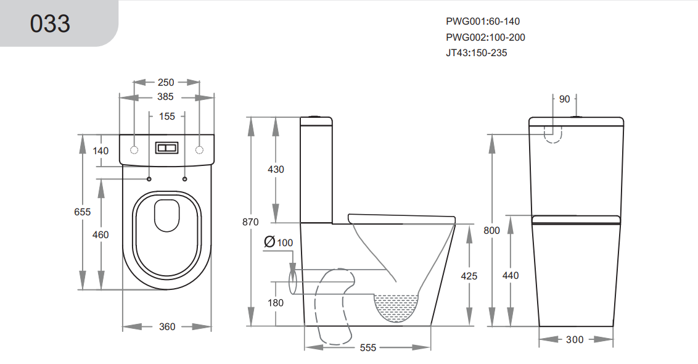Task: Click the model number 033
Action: (x=51, y=23)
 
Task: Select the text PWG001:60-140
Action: (x=482, y=21)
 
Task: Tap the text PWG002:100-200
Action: (x=485, y=37)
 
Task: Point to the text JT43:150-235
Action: (x=476, y=53)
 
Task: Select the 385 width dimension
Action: (x=165, y=97)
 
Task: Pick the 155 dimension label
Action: (x=166, y=116)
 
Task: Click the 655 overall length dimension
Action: (x=82, y=212)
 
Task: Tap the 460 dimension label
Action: (x=100, y=234)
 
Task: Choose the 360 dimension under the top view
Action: (x=167, y=327)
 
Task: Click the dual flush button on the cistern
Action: (x=166, y=149)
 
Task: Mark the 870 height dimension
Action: (x=251, y=221)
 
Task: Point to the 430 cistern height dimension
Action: (x=276, y=169)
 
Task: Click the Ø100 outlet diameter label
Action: (x=278, y=242)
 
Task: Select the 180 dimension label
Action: (x=276, y=302)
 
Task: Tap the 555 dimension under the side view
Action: (x=367, y=348)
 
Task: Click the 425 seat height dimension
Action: (x=469, y=276)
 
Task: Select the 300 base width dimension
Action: (x=574, y=339)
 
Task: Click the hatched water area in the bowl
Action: (x=396, y=306)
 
